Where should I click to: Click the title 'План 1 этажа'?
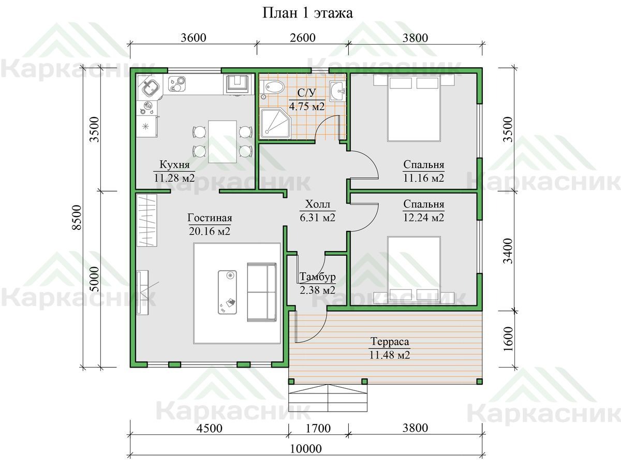point(307,13)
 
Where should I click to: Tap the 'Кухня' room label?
point(174,164)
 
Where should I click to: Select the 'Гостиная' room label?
point(210,218)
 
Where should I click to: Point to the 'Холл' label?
point(317,204)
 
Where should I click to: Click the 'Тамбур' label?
point(317,276)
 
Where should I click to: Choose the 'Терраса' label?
point(390,342)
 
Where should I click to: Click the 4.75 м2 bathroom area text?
point(307,106)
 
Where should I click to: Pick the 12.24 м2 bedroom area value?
point(423,217)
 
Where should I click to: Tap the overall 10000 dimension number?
point(306,449)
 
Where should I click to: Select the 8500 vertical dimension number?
point(77,217)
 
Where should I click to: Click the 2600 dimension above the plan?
point(302,38)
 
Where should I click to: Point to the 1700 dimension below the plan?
point(318,428)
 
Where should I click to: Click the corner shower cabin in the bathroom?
point(275,124)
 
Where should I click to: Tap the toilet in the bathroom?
point(272,86)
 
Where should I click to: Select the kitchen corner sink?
point(150,88)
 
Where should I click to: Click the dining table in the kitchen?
point(223,141)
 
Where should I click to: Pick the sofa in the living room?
point(262,292)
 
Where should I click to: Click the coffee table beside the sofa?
point(227,292)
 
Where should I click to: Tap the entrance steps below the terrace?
point(328,398)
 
